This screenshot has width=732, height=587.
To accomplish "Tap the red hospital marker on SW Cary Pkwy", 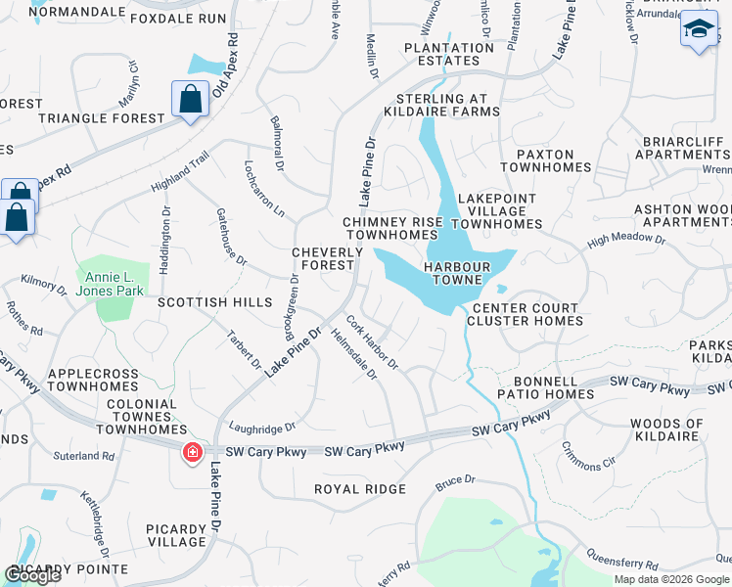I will (192, 452).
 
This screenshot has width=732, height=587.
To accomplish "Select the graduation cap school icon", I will (699, 30).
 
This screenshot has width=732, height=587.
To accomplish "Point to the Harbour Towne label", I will (453, 273).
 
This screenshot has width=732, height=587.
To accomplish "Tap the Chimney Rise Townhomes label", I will (391, 229).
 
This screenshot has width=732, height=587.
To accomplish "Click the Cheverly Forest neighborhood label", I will (328, 259).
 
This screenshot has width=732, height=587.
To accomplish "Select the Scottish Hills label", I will (214, 303).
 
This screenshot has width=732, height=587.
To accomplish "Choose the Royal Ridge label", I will (359, 489).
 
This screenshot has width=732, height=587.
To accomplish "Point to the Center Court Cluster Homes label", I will (525, 314).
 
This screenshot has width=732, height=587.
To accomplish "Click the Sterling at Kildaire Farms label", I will (447, 105).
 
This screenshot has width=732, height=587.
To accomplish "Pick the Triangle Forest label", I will (102, 118).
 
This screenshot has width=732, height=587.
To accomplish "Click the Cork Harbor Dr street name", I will (373, 341).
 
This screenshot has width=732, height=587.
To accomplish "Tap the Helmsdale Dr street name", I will (353, 353).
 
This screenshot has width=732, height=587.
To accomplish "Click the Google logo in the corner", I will (32, 575).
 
